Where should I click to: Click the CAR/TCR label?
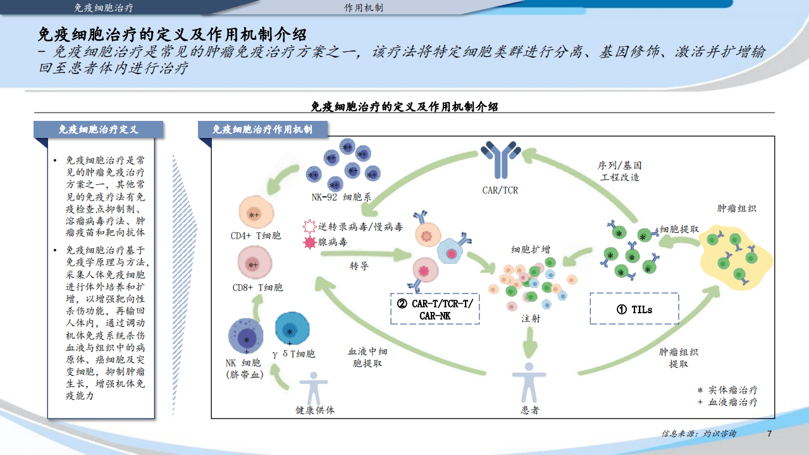[500, 190]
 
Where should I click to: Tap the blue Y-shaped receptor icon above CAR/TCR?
[500, 159]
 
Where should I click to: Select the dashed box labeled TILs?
[634, 309]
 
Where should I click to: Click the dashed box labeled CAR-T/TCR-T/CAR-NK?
[435, 309]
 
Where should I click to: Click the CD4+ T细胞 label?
[256, 236]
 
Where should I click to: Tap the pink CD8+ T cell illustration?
[254, 264]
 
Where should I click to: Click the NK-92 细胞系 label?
[341, 197]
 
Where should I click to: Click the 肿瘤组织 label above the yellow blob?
[736, 208]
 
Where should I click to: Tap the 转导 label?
[359, 266]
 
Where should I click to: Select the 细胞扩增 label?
[530, 249]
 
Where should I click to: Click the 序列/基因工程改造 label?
[620, 171]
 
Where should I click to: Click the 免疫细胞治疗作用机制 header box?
[262, 129]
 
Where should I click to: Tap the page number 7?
[769, 434]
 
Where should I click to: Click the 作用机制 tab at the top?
[363, 8]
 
